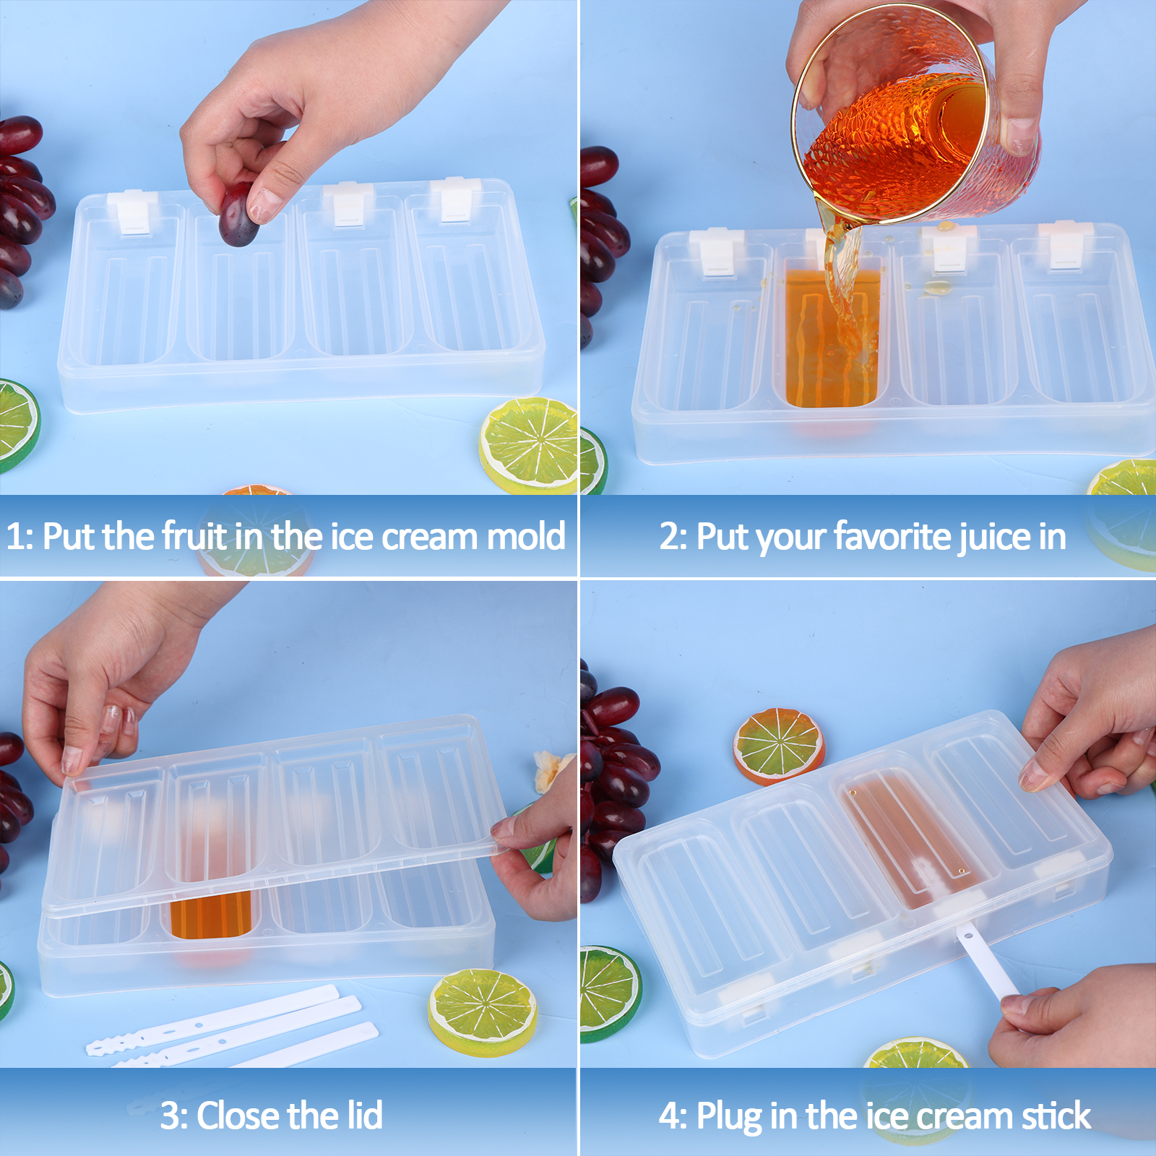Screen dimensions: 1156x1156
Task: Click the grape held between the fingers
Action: [238, 215]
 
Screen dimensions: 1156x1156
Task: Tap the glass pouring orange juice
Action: [918, 116]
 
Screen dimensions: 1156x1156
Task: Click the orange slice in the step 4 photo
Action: [779, 746]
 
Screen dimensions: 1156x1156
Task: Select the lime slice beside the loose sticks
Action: [482, 1012]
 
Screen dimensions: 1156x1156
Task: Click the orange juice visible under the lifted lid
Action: [210, 914]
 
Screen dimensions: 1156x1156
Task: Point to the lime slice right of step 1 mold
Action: [530, 445]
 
